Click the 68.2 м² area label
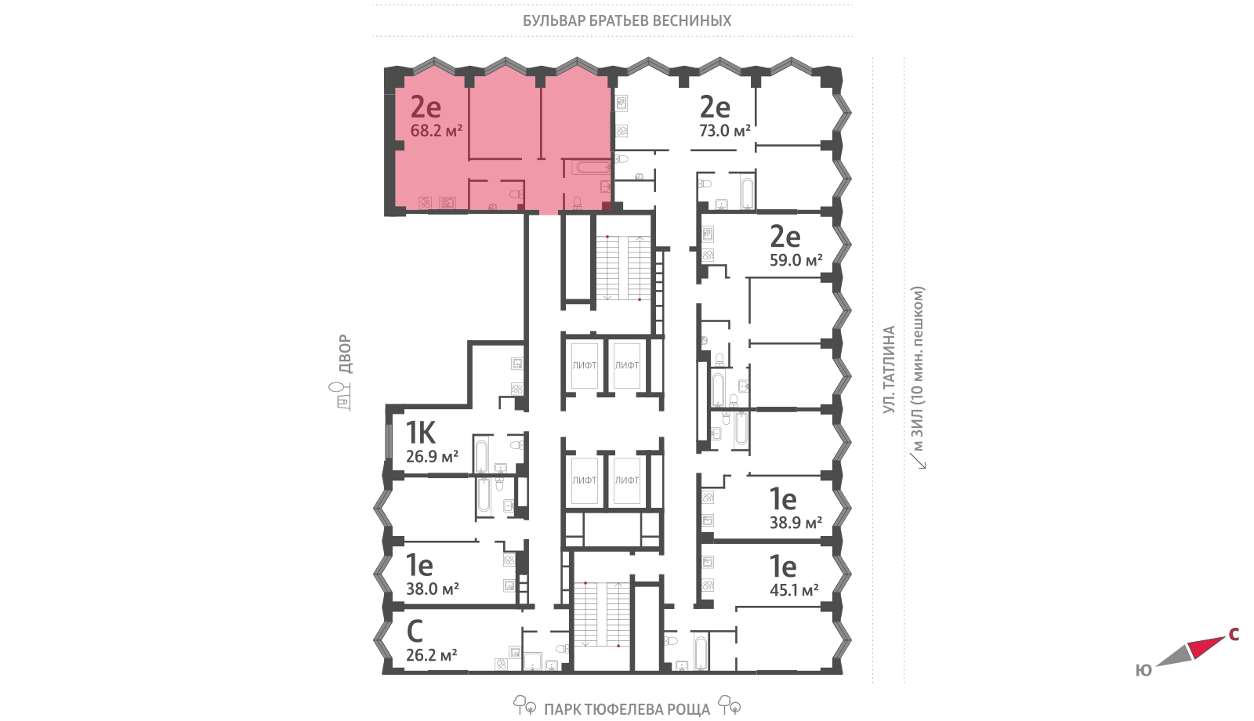(x=436, y=131)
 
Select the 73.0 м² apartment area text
(x=725, y=131)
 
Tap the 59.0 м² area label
(x=796, y=260)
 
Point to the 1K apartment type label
(x=420, y=433)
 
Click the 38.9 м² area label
(x=796, y=523)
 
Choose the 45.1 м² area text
(x=795, y=590)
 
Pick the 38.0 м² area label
(x=433, y=589)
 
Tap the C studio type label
(x=415, y=632)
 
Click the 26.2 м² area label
(x=432, y=655)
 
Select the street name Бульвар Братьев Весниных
(x=627, y=20)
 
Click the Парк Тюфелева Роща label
(x=627, y=710)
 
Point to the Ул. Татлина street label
(x=889, y=370)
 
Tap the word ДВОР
(x=346, y=354)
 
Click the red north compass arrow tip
(x=1223, y=638)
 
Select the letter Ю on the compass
(x=1143, y=671)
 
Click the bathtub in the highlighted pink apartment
(x=592, y=167)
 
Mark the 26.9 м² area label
(x=432, y=457)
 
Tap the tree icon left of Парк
(x=524, y=705)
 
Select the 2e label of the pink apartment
(x=426, y=107)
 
